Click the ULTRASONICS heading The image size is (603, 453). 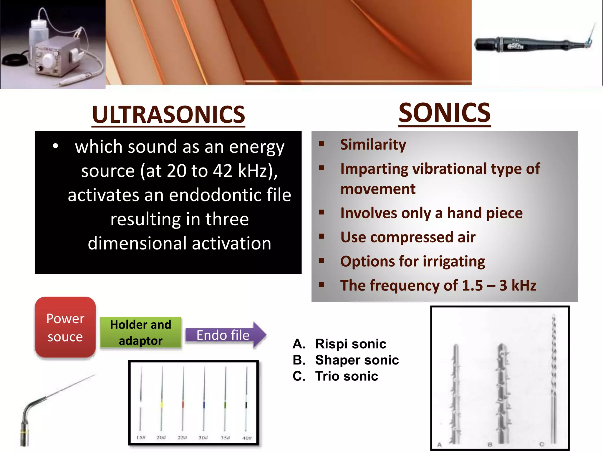(168, 114)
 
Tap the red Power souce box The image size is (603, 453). (65, 327)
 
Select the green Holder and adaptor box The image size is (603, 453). (140, 333)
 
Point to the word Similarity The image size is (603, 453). (373, 145)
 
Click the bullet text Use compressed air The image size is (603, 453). (408, 237)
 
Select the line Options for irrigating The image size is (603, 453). (413, 261)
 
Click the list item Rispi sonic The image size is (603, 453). (350, 344)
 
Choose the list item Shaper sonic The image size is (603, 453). (357, 360)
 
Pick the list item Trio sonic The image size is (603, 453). (346, 376)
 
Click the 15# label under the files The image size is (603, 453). (141, 437)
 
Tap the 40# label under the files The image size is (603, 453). (247, 438)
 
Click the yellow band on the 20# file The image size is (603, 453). (162, 404)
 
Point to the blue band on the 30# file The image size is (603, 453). (204, 405)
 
